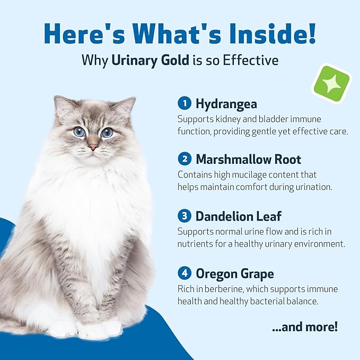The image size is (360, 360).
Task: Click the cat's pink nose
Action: coord(93,146)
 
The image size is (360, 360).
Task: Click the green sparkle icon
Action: coord(331,83)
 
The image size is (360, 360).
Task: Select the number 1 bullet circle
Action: coord(184,103)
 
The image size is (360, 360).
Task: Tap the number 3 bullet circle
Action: coord(184,216)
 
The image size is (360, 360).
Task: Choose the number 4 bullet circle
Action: coord(184,274)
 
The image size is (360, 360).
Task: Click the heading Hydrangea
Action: coord(226,103)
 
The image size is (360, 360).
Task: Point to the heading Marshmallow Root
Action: coord(249,159)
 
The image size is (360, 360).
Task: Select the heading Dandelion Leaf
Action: coord(238,216)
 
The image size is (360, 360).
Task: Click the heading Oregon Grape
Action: coord(235,274)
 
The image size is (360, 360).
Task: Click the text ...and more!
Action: coord(304,327)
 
